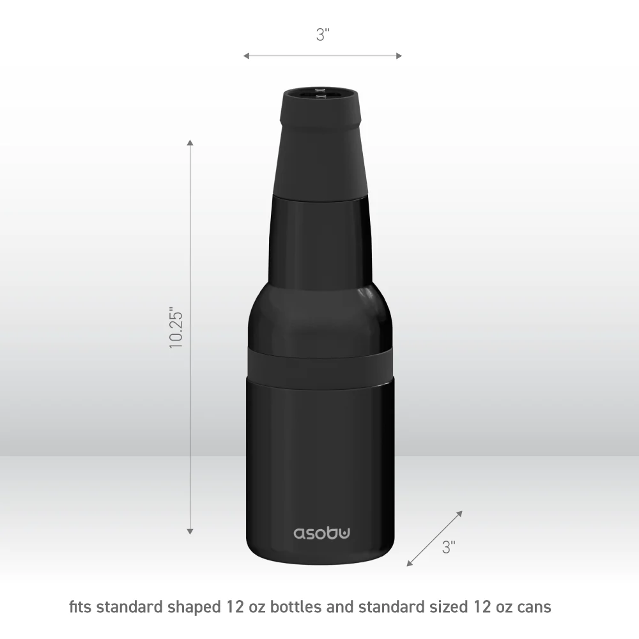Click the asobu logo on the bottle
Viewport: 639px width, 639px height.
click(321, 534)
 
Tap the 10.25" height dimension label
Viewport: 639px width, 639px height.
click(176, 328)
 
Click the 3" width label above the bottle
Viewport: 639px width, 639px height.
click(323, 35)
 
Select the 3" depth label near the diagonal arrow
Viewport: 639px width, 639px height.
click(449, 547)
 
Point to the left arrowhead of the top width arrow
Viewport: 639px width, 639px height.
click(246, 56)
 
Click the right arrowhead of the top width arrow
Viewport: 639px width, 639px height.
click(399, 56)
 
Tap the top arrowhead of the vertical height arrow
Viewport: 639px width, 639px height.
click(190, 142)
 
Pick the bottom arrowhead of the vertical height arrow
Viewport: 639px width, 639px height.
click(190, 532)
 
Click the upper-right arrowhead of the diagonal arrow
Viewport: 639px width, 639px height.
click(459, 514)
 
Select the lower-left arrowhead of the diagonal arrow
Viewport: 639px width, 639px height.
click(410, 564)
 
